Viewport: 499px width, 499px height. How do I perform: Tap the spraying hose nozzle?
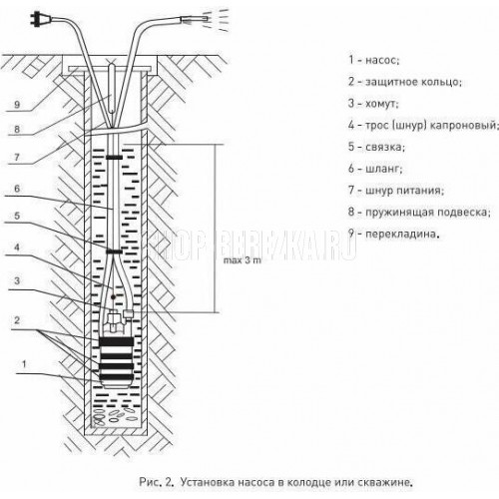coord(195,19)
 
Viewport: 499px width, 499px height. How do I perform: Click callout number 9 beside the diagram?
coord(17,105)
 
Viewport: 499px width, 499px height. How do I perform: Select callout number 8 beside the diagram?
coord(17,129)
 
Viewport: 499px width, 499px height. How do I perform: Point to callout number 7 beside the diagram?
coord(17,157)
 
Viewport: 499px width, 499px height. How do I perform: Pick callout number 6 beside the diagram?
coord(17,189)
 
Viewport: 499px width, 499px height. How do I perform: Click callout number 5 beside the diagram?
coord(17,216)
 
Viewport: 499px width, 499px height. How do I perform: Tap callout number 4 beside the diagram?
coord(17,248)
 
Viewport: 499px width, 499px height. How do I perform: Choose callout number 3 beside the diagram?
coord(17,280)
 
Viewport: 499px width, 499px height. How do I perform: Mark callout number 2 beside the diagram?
coord(17,320)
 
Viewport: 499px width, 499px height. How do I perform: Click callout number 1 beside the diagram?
coord(24,364)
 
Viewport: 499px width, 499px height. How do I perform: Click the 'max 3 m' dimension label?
coord(243,260)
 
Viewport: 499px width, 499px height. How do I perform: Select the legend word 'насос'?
coord(382,60)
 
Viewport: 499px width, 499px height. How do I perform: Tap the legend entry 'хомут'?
coord(382,104)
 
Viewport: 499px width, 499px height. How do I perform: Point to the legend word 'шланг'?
coord(384,169)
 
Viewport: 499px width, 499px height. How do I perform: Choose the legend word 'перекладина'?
coord(402,234)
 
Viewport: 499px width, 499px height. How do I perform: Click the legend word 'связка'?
coord(385,147)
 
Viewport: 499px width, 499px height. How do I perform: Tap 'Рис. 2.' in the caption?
coord(157,482)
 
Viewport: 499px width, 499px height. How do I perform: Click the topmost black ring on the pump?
coord(117,341)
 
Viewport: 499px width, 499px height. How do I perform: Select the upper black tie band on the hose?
coord(114,158)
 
